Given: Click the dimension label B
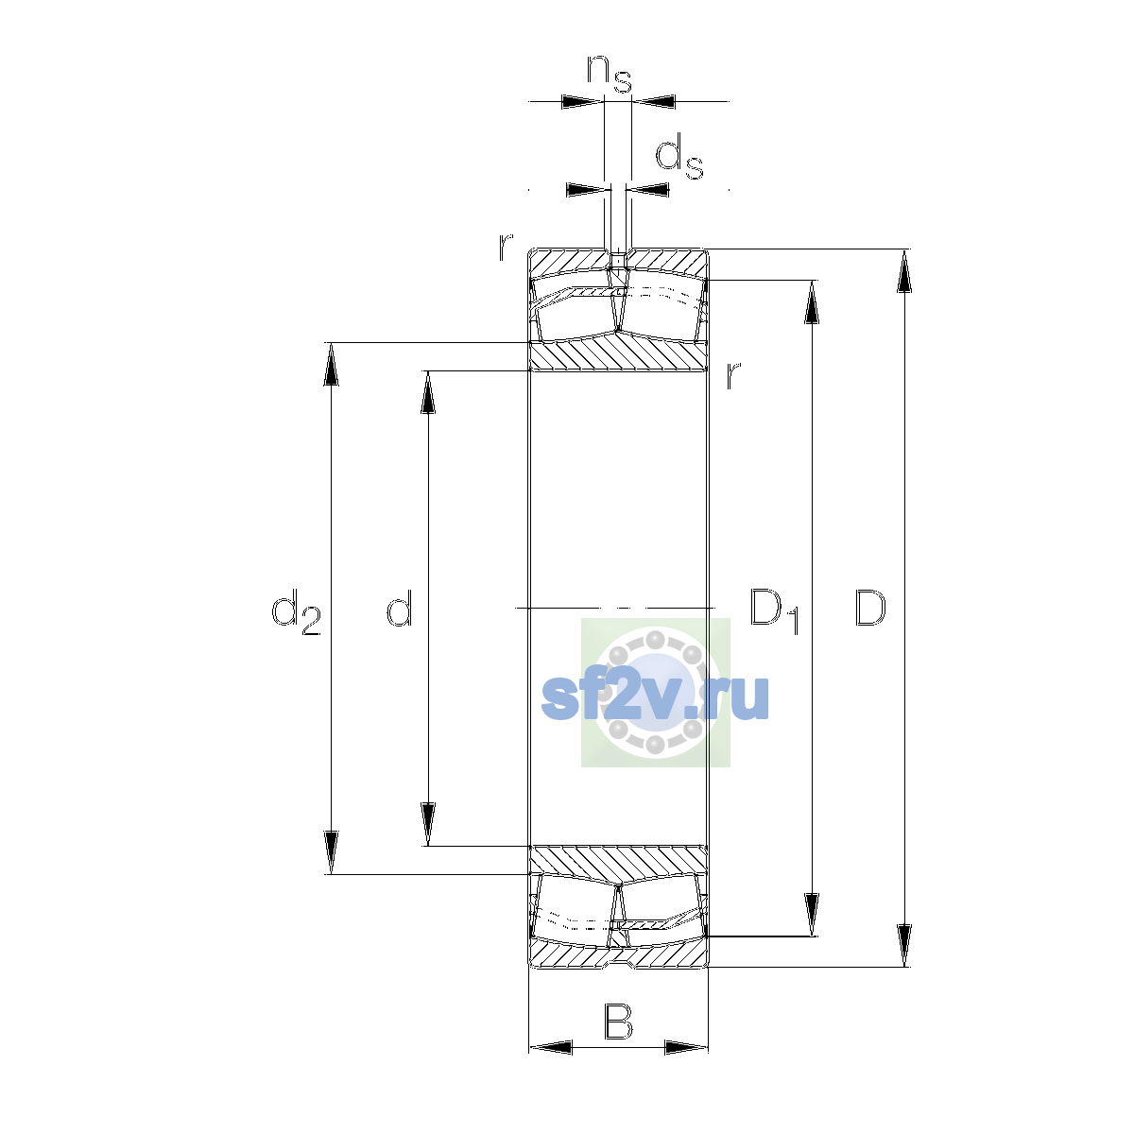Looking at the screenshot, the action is click(x=618, y=1022).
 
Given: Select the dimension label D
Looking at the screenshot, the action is click(x=869, y=608).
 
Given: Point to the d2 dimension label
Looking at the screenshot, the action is click(x=296, y=612).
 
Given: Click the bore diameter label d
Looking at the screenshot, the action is click(x=400, y=608).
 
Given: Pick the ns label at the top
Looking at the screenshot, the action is click(x=610, y=74).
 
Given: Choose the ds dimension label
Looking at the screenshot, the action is click(x=679, y=157).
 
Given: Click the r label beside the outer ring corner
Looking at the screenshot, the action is click(x=506, y=248).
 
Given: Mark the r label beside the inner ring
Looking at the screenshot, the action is click(x=732, y=375).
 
